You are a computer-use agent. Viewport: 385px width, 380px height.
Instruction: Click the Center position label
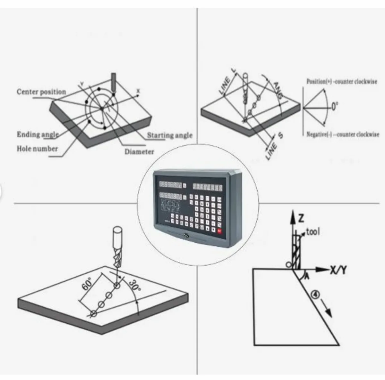41,92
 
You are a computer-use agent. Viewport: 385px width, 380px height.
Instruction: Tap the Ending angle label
38,134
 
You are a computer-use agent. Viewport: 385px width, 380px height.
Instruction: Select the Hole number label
37,149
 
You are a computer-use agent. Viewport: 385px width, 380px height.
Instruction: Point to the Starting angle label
170,135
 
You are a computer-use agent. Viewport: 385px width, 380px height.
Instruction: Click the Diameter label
139,152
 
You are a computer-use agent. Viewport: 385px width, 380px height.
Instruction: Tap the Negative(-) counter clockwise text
343,135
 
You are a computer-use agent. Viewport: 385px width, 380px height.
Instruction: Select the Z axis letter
301,219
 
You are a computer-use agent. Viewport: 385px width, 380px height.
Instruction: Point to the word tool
313,231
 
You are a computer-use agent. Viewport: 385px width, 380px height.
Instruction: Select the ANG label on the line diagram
278,90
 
